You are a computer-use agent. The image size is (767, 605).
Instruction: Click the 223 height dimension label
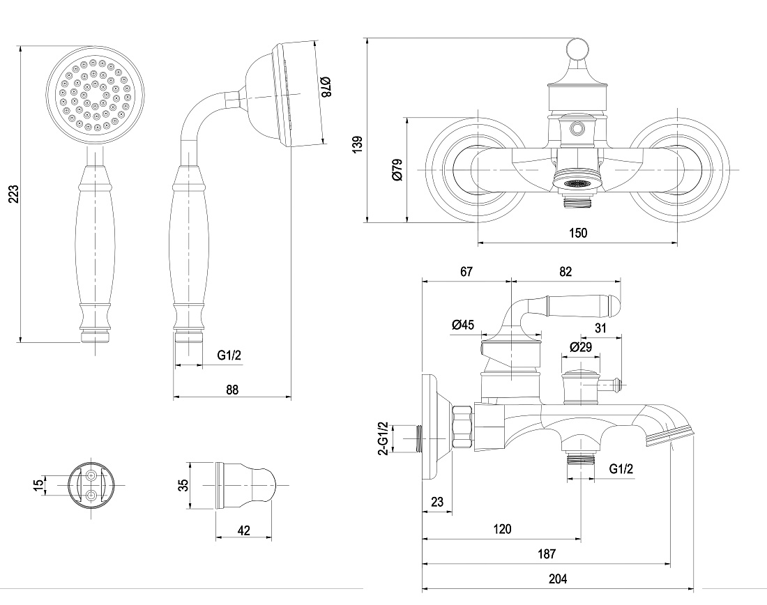point(14,194)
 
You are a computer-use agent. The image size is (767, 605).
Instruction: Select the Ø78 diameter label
point(326,86)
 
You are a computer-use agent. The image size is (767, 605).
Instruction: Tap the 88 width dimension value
point(232,390)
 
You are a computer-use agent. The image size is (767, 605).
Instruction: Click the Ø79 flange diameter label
point(397,169)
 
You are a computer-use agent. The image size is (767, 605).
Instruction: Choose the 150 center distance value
point(578,233)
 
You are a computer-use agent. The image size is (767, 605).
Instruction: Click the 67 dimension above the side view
point(466,271)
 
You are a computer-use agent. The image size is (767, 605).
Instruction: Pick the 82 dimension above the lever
point(565,271)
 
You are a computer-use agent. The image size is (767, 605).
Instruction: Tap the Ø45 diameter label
point(463,324)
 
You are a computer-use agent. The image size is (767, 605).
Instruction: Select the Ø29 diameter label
point(581,347)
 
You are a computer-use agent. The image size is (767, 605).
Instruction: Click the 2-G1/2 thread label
point(384,438)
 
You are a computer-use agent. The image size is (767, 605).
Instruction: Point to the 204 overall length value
point(558,579)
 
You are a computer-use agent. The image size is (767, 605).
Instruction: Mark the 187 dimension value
point(547,553)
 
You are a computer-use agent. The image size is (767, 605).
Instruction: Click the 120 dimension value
point(502,529)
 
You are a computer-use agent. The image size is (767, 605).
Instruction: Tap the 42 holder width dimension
point(243,530)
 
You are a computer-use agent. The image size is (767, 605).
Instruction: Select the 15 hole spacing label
point(38,486)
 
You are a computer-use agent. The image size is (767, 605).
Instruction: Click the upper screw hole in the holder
point(91,475)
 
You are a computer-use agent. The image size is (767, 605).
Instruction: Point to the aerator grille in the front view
point(577,183)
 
